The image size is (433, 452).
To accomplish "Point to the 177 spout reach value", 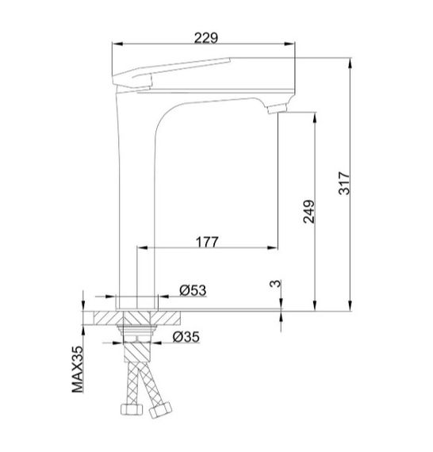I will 204,239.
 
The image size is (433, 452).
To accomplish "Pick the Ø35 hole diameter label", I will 186,337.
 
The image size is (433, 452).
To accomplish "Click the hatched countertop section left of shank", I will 103,318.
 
